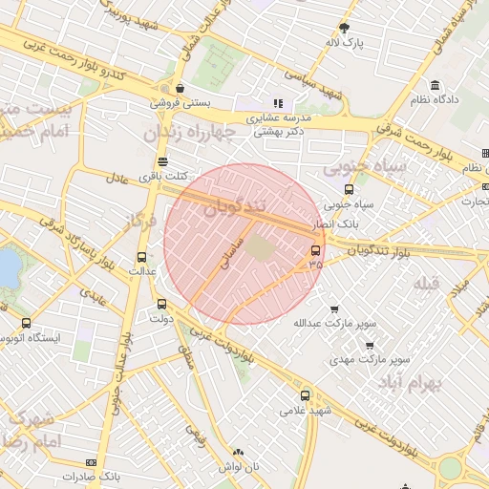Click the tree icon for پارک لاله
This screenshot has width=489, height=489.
(x=345, y=28)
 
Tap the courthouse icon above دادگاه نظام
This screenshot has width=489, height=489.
(x=436, y=85)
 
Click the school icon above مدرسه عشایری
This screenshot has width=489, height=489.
(x=278, y=103)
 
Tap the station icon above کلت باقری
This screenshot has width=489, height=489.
(x=162, y=161)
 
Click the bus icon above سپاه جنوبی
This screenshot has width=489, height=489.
(x=348, y=189)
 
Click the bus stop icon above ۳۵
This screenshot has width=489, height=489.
(x=315, y=250)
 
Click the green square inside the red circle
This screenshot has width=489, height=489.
(x=259, y=247)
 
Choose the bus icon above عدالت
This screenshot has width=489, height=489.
(x=142, y=257)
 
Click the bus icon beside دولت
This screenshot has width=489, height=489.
(x=161, y=305)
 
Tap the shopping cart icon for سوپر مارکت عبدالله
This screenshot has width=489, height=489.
(x=333, y=308)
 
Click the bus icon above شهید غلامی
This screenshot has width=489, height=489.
(x=305, y=395)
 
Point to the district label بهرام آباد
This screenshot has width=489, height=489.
(x=419, y=384)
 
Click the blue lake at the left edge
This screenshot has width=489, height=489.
(x=8, y=266)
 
